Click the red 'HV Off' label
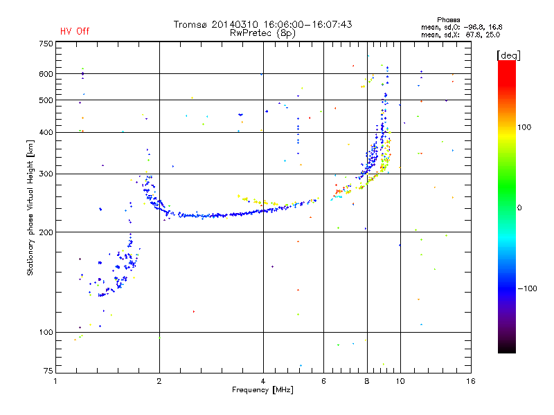tap(74, 31)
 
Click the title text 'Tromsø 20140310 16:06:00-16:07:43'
tap(262, 24)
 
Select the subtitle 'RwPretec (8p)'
tap(262, 33)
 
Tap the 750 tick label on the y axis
tap(46, 43)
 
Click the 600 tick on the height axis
tap(46, 73)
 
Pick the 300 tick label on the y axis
tap(46, 174)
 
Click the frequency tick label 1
tap(56, 381)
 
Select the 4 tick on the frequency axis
tap(263, 381)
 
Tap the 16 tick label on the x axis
tap(470, 381)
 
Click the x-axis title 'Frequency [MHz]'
tap(263, 390)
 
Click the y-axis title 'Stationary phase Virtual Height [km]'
tap(30, 208)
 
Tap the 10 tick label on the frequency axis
tap(400, 381)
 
